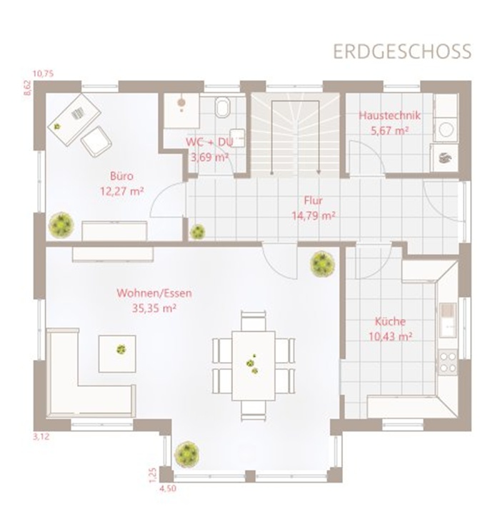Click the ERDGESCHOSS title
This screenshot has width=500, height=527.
point(402,51)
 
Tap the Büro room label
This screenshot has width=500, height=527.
point(121,176)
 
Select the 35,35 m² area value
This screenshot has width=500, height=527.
point(154,308)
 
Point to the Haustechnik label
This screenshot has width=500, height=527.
point(390,115)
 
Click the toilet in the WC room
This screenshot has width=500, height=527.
point(223,107)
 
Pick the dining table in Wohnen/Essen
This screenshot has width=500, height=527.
point(254,366)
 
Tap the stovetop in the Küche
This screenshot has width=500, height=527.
point(448,362)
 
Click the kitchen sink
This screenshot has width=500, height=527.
point(448,320)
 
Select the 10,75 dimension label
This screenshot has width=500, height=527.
point(43,74)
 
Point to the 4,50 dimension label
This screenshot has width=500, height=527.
point(167,488)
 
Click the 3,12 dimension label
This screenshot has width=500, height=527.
point(41,437)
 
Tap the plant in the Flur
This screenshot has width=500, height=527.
point(197,231)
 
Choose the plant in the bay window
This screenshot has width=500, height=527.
point(186,454)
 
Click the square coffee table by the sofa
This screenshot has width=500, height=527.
point(117,353)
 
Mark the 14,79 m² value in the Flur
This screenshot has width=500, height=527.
point(313,216)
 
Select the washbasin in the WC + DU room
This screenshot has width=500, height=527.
point(237,138)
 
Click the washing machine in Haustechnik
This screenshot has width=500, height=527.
point(446,129)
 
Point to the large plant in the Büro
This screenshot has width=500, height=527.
point(61,224)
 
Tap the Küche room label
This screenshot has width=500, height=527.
point(390,321)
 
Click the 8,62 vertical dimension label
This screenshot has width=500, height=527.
point(27,87)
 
